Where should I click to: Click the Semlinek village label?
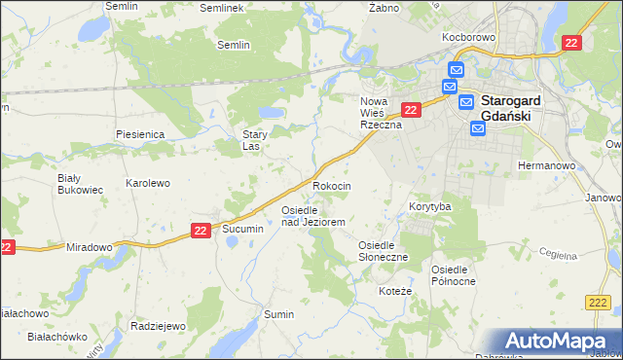220,8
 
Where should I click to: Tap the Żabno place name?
385,7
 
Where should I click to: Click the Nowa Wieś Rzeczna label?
382,113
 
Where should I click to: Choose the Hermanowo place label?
547,165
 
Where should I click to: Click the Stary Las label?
255,141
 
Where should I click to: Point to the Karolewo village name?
148,183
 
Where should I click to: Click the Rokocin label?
332,186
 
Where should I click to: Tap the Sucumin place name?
242,229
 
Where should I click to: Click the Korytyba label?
429,207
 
